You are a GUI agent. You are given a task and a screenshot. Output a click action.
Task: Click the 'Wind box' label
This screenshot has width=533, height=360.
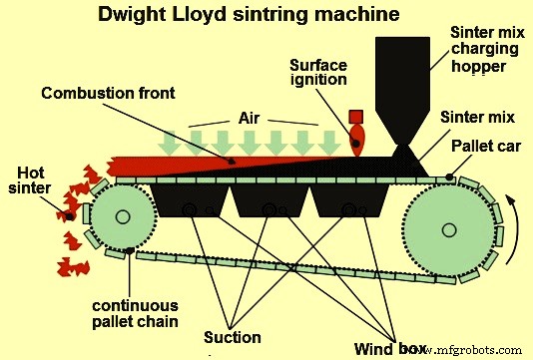pyautogui.click(x=384, y=348)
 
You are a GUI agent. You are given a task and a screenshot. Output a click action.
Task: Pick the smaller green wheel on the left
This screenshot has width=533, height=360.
pyautogui.click(x=125, y=215)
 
